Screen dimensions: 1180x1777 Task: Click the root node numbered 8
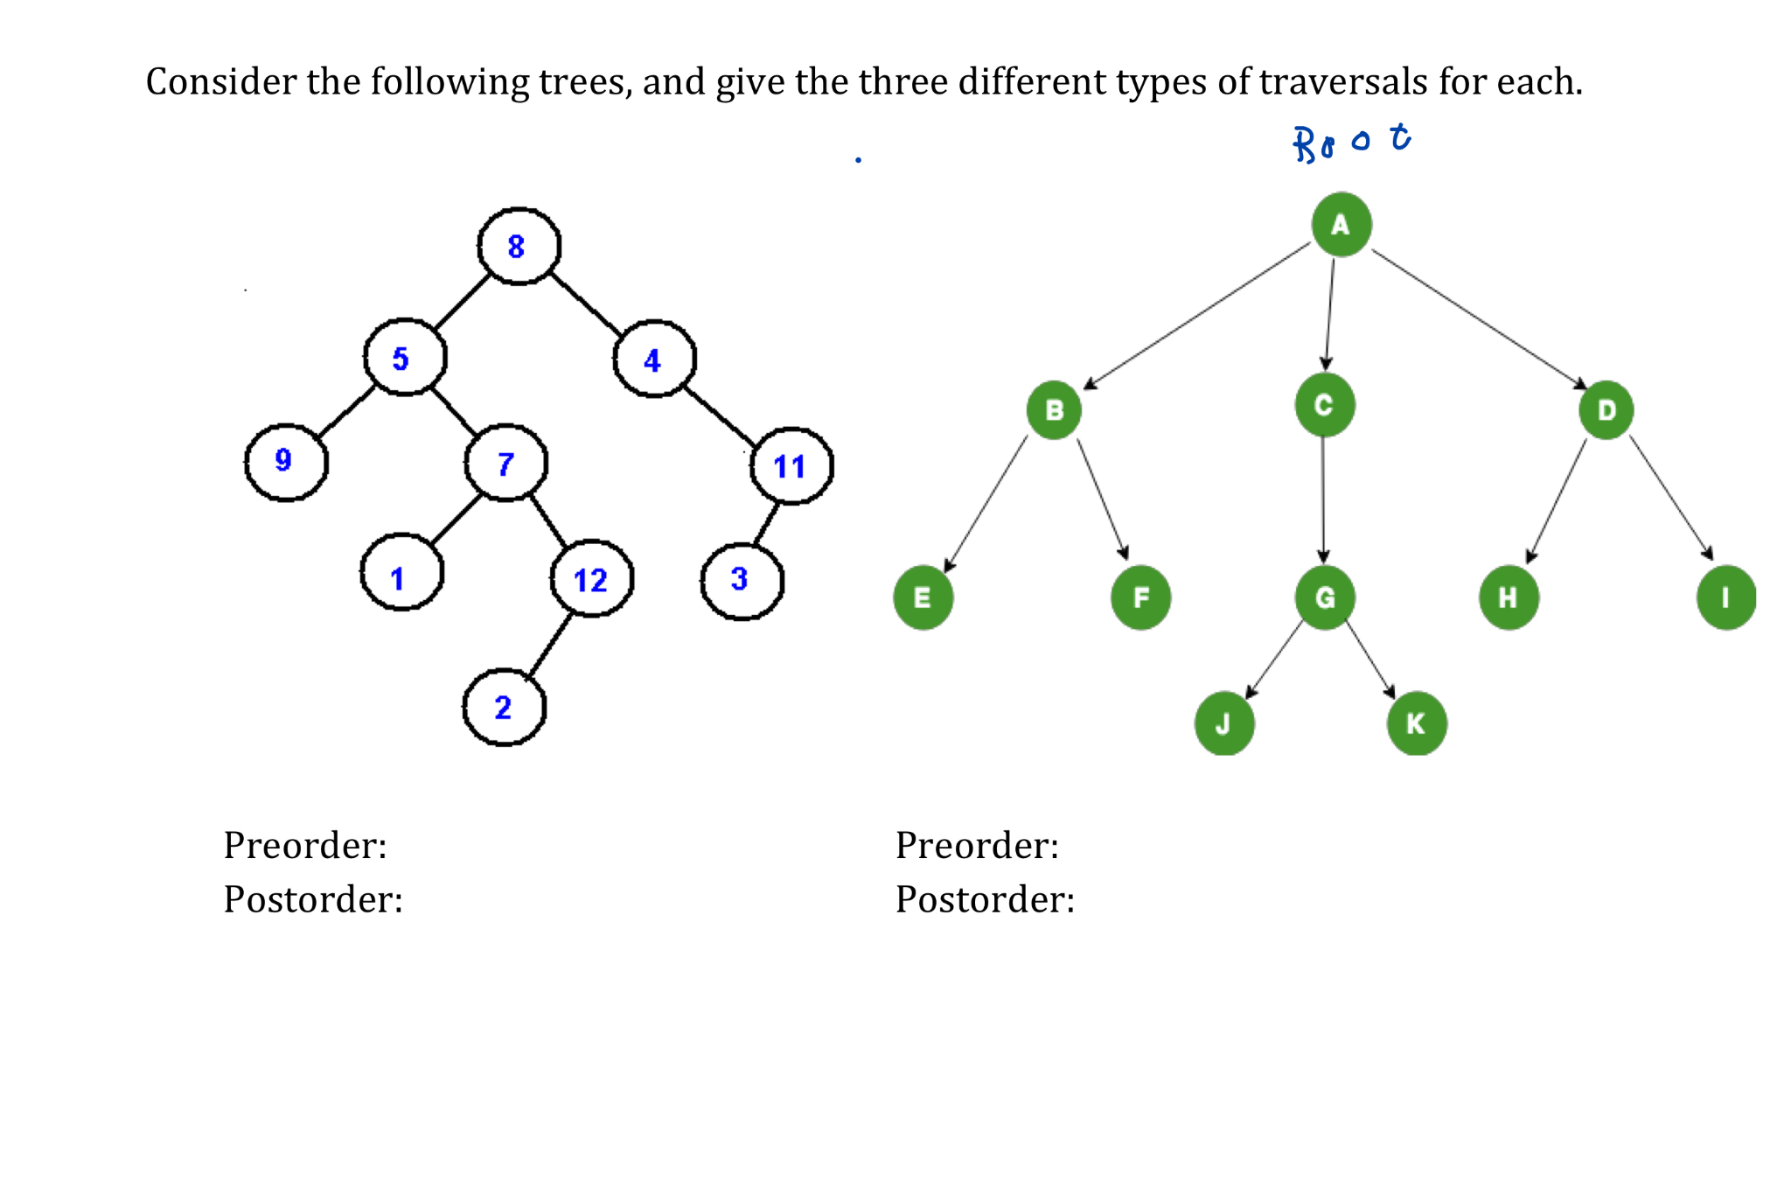click(x=518, y=246)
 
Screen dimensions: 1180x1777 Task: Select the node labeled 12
click(x=591, y=579)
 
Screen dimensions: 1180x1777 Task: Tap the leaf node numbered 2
click(x=504, y=707)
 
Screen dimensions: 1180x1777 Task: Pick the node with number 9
click(x=285, y=462)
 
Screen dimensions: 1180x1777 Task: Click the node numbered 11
click(x=791, y=466)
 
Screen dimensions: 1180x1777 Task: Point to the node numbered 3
click(x=742, y=580)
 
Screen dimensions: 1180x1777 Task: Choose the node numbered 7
click(x=505, y=463)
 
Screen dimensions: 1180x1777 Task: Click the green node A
click(x=1341, y=225)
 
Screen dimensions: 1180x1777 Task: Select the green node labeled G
click(x=1325, y=597)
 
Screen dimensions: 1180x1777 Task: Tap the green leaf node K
click(x=1416, y=723)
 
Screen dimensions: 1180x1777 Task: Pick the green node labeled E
click(x=923, y=598)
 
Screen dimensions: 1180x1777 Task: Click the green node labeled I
click(x=1725, y=598)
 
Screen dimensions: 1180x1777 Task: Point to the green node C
click(x=1324, y=404)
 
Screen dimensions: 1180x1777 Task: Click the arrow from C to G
click(x=1323, y=499)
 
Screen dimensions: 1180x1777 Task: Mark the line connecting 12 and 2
click(x=550, y=644)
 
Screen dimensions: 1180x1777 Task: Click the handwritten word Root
click(x=1351, y=142)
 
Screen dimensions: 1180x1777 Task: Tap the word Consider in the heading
click(x=209, y=82)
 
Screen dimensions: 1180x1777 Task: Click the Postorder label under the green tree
click(x=985, y=899)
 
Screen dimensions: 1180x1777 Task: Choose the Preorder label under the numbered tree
click(x=305, y=845)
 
